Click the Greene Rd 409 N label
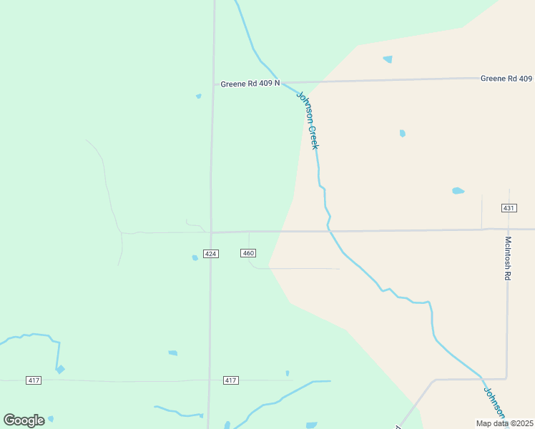click(250, 84)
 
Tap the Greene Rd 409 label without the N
click(506, 79)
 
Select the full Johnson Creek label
click(308, 119)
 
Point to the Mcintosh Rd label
click(508, 258)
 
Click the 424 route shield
click(210, 254)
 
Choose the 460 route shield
click(248, 253)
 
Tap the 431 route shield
click(509, 208)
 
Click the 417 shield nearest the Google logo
click(34, 380)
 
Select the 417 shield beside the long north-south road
click(230, 380)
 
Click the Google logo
click(24, 420)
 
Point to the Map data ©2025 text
click(505, 423)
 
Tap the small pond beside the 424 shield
click(195, 257)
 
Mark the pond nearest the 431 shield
click(458, 191)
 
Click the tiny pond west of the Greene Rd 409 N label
click(198, 96)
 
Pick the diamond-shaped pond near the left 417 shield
click(60, 369)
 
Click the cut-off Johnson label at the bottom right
click(494, 405)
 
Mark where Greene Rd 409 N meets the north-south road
click(213, 84)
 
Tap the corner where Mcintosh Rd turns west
click(506, 378)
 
